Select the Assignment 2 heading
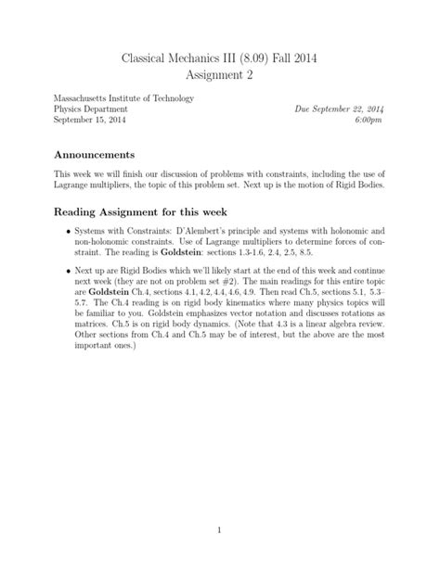coord(219,78)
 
